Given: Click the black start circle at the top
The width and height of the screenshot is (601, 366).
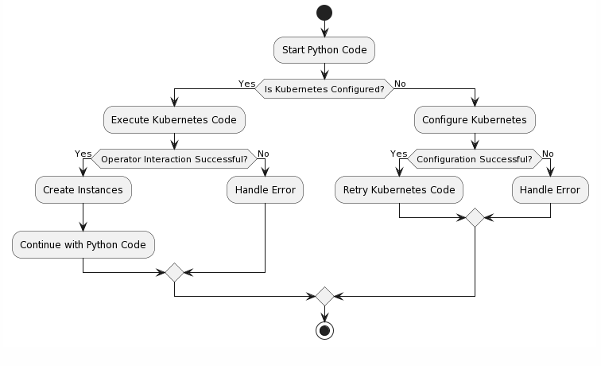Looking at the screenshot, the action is (x=324, y=13).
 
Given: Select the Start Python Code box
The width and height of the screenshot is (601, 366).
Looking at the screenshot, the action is (x=324, y=50).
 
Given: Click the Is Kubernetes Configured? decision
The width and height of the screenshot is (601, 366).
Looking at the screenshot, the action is (x=324, y=89).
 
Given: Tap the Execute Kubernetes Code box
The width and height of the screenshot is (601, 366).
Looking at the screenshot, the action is (x=174, y=119).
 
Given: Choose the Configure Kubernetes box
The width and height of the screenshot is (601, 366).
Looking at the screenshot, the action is (x=475, y=119).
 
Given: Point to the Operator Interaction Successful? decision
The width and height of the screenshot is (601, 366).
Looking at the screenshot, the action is (x=174, y=159).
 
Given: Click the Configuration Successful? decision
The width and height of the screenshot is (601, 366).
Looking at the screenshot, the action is (x=475, y=159).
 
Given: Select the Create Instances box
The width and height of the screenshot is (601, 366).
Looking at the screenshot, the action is (x=83, y=190).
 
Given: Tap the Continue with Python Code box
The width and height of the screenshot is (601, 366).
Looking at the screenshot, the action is (x=83, y=245).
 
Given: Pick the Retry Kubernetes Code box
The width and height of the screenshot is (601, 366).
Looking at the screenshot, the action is (x=399, y=190).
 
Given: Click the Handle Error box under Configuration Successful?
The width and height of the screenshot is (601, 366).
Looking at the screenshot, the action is (x=550, y=190).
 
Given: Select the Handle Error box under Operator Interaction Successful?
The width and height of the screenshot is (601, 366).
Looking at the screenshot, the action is (x=266, y=190).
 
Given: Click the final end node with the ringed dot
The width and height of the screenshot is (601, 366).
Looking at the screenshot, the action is (x=324, y=331).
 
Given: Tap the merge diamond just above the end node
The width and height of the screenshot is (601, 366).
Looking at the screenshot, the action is (x=324, y=296).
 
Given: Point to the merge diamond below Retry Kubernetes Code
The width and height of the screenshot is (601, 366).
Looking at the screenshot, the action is (x=475, y=217).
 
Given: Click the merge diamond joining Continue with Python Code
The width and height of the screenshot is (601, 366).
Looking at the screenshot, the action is (x=174, y=272).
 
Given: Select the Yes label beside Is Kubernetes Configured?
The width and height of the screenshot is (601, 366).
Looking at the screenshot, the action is (x=246, y=84).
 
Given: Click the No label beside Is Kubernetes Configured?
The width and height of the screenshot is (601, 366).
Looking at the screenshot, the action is (x=400, y=84).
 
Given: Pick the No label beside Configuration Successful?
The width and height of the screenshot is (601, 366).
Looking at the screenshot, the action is (x=548, y=154).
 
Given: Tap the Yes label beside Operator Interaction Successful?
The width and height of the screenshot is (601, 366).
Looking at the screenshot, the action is (x=83, y=154).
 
